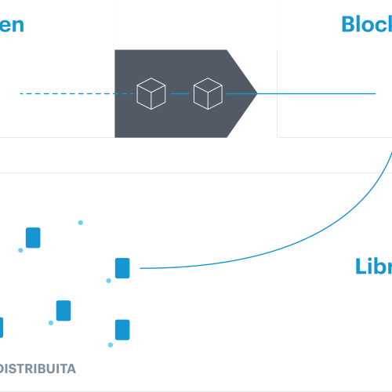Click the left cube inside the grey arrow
[x=151, y=94]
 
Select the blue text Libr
[x=372, y=267]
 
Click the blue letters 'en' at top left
[x=12, y=24]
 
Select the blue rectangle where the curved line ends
[x=122, y=268]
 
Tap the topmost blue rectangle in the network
[x=33, y=238]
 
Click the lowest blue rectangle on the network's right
[x=122, y=328]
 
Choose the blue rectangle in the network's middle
[x=64, y=310]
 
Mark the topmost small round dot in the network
[x=80, y=222]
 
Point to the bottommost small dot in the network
[x=111, y=345]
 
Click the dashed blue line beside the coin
[x=67, y=94]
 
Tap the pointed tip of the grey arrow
[x=255, y=94]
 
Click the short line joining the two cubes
[x=179, y=94]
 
